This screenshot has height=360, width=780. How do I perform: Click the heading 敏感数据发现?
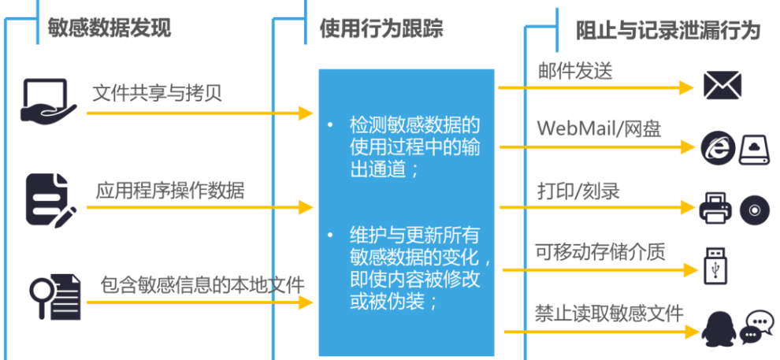[110, 28]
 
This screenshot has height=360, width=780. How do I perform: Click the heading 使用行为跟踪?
[381, 29]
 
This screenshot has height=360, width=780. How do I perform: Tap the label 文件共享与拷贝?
[157, 94]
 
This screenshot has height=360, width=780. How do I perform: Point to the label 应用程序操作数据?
[169, 190]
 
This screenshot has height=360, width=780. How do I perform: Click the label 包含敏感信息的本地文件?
[202, 283]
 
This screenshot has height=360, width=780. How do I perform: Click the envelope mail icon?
[722, 85]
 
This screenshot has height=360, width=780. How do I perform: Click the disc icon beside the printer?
[752, 207]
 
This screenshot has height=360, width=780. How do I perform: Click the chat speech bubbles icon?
[758, 325]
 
